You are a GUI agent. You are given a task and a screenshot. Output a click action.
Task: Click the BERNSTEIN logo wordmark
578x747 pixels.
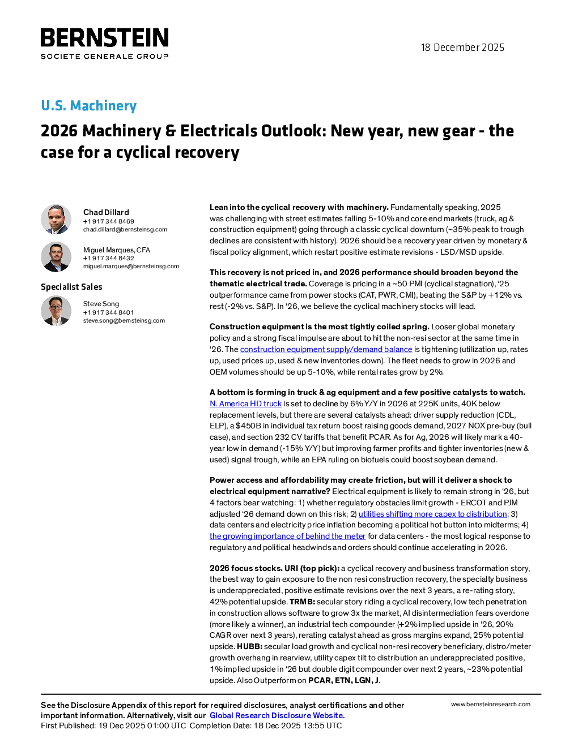104,37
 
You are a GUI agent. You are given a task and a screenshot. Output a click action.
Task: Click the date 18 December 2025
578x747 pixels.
462,48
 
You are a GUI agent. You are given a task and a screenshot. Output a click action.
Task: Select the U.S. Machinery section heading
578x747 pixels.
89,105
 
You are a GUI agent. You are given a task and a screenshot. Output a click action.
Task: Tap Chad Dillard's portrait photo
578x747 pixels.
56,220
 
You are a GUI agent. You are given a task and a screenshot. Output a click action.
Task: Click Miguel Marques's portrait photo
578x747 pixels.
56,257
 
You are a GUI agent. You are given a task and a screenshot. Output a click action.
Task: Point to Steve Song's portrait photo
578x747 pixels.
56,311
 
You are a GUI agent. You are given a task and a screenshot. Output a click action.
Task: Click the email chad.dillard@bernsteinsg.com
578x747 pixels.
125,229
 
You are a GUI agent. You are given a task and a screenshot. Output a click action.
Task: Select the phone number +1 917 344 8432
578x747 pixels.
108,258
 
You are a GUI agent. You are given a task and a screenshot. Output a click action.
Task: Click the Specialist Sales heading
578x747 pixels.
71,287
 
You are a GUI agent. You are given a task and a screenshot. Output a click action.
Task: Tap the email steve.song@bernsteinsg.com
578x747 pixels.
124,320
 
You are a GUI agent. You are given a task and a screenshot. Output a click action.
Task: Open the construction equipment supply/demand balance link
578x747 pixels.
326,349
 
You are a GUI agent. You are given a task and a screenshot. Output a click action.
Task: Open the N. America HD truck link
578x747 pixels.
245,403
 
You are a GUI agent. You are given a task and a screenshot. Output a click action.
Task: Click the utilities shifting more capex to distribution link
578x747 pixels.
433,514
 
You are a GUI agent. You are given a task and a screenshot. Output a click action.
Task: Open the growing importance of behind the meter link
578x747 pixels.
287,536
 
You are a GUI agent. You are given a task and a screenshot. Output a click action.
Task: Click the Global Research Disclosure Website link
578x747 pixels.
277,715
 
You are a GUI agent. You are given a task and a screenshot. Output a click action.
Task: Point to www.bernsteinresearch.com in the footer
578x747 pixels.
491,705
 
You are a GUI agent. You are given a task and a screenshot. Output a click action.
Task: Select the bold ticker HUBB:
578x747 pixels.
249,646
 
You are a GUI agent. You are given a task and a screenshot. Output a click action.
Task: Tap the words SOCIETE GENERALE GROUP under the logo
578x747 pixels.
105,56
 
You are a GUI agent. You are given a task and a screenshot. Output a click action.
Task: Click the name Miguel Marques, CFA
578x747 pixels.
117,250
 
